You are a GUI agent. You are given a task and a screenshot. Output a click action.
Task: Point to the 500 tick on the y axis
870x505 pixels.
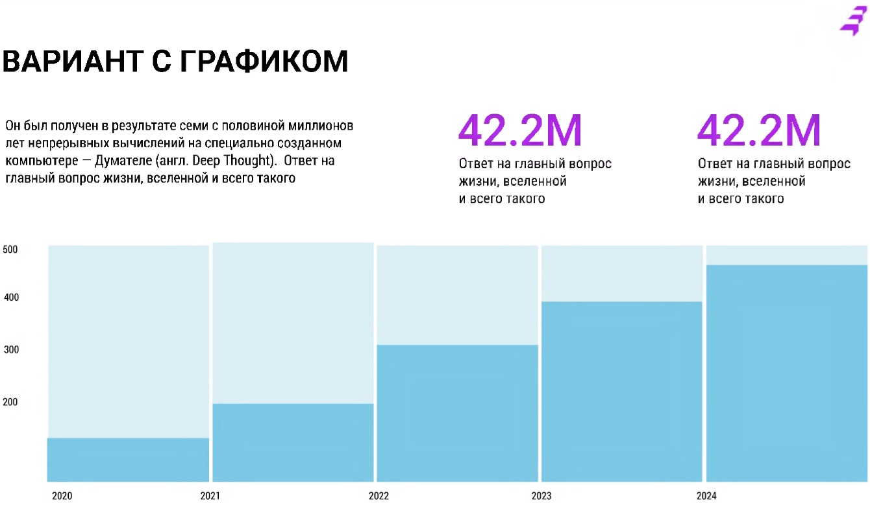pos(10,250)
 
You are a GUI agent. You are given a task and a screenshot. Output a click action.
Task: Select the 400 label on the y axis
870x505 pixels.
pos(10,298)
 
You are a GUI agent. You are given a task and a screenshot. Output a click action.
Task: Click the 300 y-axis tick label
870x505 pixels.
pos(10,350)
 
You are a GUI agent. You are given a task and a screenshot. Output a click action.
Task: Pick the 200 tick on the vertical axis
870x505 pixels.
pos(10,402)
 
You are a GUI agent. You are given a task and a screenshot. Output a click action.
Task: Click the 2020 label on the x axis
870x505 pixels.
pos(62,496)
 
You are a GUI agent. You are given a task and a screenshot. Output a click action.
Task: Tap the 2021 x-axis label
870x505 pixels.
pos(210,496)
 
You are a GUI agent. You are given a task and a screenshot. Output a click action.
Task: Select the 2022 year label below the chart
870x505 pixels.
pos(379,496)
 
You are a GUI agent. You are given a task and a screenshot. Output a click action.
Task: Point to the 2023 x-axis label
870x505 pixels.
pos(541,496)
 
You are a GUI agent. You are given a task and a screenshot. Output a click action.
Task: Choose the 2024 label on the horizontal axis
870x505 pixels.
pos(706,496)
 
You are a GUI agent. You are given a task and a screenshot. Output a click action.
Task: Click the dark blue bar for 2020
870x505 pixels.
pos(128,460)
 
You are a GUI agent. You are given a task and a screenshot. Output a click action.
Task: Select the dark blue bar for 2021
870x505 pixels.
pos(293,443)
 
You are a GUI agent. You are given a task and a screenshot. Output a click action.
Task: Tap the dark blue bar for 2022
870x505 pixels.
pos(458,413)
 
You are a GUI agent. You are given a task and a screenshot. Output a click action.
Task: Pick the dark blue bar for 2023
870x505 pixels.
pos(622,392)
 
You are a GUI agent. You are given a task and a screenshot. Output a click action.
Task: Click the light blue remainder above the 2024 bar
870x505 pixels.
pos(787,255)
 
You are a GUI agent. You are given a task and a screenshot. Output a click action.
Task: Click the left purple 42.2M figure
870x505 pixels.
pos(520,131)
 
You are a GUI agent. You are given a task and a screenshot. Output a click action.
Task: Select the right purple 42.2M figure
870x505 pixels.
pos(759,131)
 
